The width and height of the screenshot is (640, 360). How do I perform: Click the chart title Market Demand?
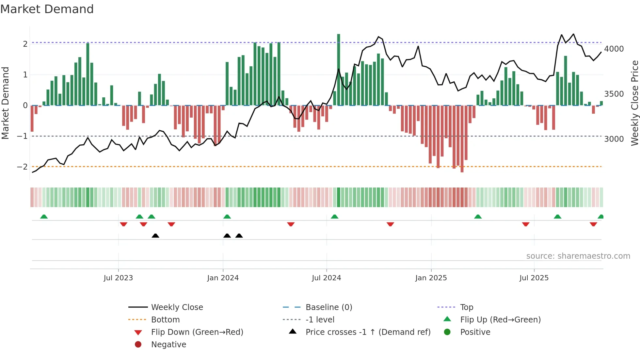pyautogui.click(x=47, y=9)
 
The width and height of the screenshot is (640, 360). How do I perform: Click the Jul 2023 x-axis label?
pyautogui.click(x=118, y=278)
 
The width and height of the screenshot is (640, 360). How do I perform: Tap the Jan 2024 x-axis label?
pyautogui.click(x=223, y=278)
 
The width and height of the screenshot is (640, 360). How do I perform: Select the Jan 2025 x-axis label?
pyautogui.click(x=431, y=278)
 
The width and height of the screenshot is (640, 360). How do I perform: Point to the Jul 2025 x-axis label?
pyautogui.click(x=534, y=278)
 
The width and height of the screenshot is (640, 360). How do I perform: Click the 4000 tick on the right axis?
pyautogui.click(x=614, y=49)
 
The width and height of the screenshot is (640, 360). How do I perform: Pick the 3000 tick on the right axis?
pyautogui.click(x=614, y=139)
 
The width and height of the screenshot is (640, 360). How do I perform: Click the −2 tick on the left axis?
pyautogui.click(x=23, y=167)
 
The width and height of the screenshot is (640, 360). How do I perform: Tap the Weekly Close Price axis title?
pyautogui.click(x=634, y=103)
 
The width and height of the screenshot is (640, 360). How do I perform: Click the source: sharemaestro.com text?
pyautogui.click(x=578, y=256)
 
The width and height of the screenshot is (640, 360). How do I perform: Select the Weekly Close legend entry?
pyautogui.click(x=177, y=307)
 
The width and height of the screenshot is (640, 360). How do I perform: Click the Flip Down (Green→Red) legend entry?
pyautogui.click(x=197, y=332)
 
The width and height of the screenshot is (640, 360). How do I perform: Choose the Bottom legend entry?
pyautogui.click(x=165, y=320)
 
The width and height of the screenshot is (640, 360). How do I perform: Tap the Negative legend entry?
pyautogui.click(x=168, y=345)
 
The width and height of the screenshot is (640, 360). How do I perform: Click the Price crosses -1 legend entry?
pyautogui.click(x=368, y=332)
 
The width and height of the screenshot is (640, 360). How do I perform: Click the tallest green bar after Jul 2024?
pyautogui.click(x=339, y=70)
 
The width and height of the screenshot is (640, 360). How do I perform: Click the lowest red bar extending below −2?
pyautogui.click(x=462, y=139)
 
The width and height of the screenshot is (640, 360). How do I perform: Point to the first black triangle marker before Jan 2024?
pyautogui.click(x=155, y=236)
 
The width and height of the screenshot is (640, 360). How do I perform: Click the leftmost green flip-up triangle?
pyautogui.click(x=44, y=217)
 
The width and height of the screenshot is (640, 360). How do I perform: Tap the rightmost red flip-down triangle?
pyautogui.click(x=593, y=224)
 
